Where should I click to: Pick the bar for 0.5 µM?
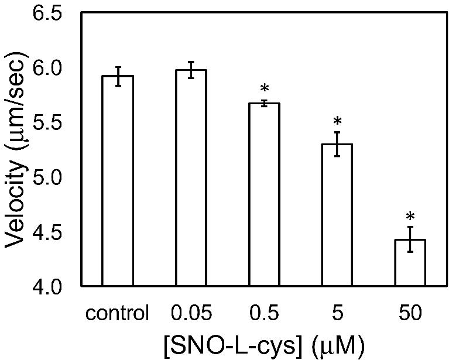264,194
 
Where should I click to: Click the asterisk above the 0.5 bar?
264,90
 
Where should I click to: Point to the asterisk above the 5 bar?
337,122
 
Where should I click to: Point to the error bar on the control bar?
118,76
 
